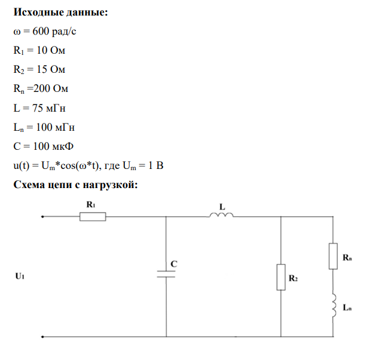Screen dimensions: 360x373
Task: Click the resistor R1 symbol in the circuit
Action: [93, 217]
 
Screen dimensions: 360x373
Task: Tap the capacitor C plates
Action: [166, 273]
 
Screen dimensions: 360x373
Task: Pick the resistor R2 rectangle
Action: [280, 278]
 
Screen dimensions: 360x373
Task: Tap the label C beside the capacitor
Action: [173, 263]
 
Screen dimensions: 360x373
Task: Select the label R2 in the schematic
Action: [293, 278]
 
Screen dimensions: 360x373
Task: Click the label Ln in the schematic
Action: [347, 307]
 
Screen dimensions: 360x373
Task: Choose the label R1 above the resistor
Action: [91, 204]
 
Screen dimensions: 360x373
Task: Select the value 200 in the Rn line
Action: [43, 89]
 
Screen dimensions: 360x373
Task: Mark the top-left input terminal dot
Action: [41, 217]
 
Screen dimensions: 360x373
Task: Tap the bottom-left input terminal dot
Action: [41, 336]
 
